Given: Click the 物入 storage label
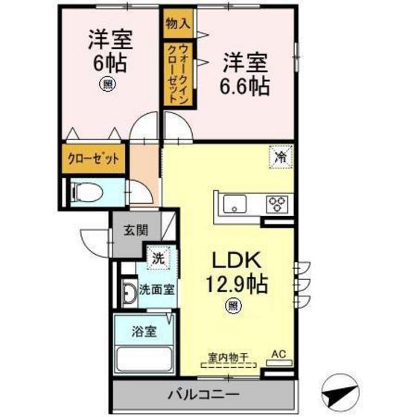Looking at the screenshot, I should (178, 24).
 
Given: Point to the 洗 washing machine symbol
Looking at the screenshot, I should (158, 259).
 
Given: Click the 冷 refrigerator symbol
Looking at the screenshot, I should (281, 157).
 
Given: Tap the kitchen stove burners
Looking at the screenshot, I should (277, 203).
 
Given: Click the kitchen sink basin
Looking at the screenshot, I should (232, 203).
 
